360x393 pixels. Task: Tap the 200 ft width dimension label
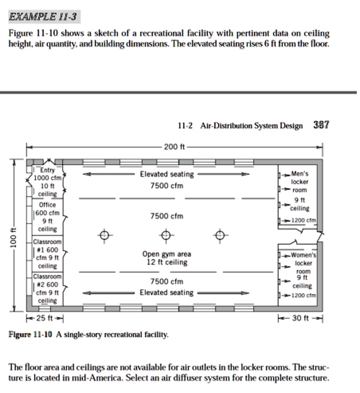coord(174,146)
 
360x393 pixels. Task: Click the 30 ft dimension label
coord(300,318)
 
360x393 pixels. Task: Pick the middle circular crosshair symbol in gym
coord(166,235)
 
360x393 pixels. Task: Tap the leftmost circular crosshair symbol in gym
coord(104,235)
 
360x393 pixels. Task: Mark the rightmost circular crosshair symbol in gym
coord(219,235)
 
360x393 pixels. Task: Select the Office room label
coord(47,204)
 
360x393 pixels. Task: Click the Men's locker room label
coord(299,182)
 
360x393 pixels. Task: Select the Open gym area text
coord(166,254)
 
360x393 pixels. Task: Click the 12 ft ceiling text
coord(166,262)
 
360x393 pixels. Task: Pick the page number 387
coord(321,125)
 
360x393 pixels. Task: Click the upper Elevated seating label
coord(166,174)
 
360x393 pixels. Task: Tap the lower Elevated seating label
coord(166,293)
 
